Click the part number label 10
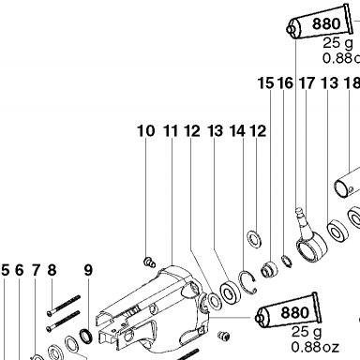[x=146, y=131]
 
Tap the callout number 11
[x=171, y=131]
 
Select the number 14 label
[x=237, y=131]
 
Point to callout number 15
[x=266, y=83]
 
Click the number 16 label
[x=286, y=83]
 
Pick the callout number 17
[x=307, y=83]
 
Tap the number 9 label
[x=88, y=270]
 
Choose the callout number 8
[x=52, y=270]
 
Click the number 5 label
[x=6, y=270]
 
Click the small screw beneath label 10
[x=149, y=262]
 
